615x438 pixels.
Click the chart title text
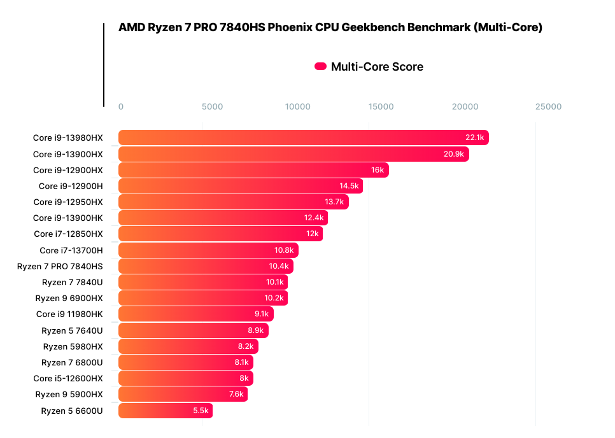pos(330,28)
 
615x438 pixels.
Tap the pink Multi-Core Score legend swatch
pos(321,67)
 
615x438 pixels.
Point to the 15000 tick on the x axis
pos(381,106)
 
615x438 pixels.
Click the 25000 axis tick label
pos(549,106)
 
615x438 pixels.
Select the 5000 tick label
pos(212,106)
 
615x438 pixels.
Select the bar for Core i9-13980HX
pos(303,138)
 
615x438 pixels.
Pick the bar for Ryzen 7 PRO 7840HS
pos(206,266)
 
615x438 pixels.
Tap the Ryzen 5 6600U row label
pos(72,411)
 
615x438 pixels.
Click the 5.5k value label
pos(201,411)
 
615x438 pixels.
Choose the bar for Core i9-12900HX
pos(253,170)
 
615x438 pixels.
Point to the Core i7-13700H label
pos(71,250)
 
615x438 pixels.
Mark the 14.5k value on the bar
pos(350,186)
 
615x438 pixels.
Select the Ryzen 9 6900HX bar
pos(202,298)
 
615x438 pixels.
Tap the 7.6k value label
pos(236,394)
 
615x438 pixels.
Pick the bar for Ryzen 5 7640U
pos(193,330)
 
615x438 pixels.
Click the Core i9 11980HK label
pos(69,314)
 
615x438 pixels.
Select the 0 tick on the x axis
pos(121,106)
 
